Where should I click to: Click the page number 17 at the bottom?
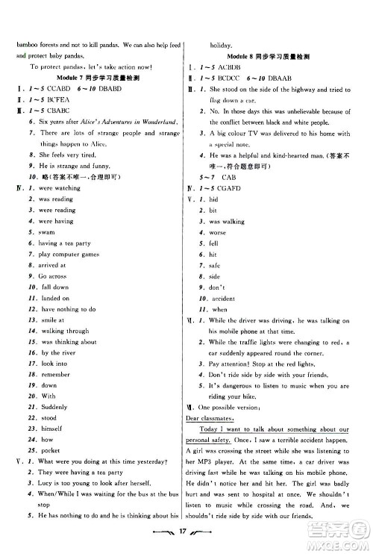[x=186, y=535]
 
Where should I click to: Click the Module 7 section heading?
[x=94, y=78]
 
